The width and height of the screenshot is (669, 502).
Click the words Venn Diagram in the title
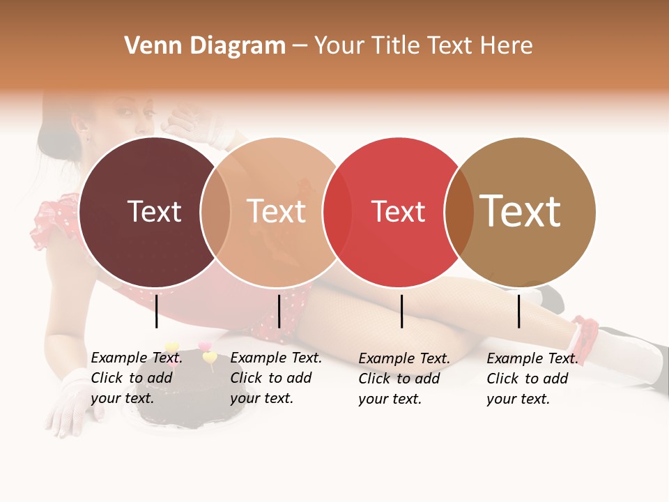coord(205,46)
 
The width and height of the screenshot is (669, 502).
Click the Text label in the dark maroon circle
coord(154,211)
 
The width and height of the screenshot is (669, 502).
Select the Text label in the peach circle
coord(276,211)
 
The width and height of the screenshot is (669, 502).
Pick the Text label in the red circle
coord(398,211)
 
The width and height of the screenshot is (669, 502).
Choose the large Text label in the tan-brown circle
coord(520,211)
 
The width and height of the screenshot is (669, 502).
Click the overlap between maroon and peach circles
coord(215,211)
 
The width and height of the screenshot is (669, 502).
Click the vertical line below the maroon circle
coord(156,311)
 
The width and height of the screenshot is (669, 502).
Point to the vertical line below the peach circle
coord(279,311)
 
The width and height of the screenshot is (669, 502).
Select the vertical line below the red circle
coord(401,311)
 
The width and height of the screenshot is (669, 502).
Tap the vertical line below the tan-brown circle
coord(518,311)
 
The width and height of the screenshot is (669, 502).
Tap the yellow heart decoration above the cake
coord(209,358)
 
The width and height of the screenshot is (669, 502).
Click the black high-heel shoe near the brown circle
coord(551,296)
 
